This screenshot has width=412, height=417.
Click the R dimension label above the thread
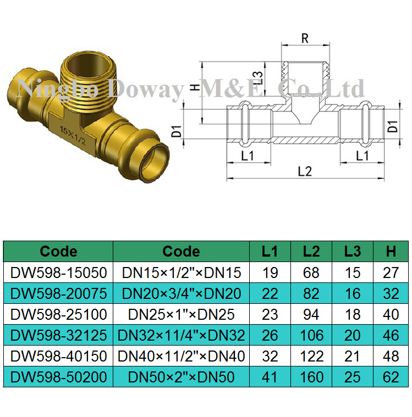304,38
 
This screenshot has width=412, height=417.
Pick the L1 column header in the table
270,252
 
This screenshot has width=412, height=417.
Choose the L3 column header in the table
352,252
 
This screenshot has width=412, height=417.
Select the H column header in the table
391,252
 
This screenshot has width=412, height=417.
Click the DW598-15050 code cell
59,272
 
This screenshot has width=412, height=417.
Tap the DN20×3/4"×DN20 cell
181,293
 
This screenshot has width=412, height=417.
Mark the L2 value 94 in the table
311,314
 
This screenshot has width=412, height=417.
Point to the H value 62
391,377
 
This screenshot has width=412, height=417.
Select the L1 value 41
270,377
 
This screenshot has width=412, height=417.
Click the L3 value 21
352,357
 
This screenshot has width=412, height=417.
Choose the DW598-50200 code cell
59,377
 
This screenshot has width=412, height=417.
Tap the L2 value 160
311,377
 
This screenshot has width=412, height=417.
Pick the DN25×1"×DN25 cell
181,314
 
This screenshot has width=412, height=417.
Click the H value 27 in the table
391,272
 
